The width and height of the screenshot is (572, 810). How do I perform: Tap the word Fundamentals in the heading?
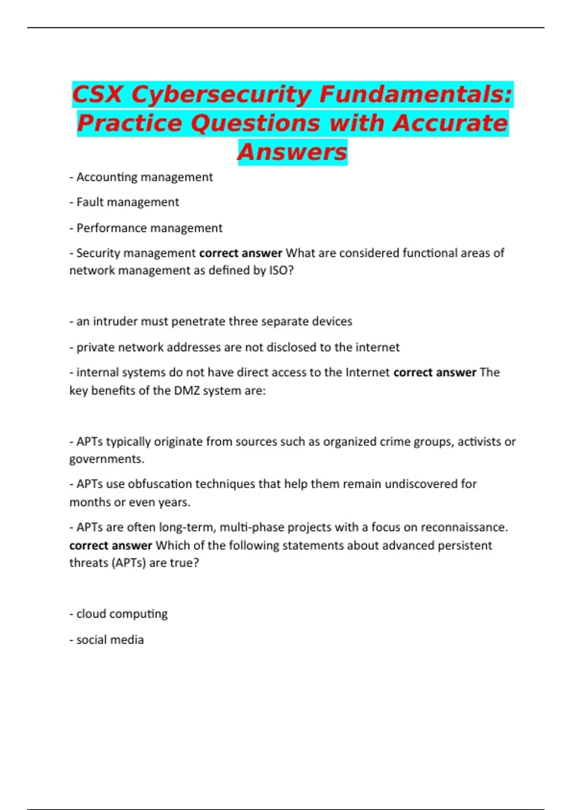tap(415, 94)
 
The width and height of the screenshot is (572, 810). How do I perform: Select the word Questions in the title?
tap(255, 123)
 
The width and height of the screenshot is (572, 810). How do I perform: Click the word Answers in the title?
tap(292, 152)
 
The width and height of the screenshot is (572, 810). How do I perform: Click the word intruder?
tap(114, 322)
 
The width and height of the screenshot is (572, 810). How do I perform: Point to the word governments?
tap(106, 459)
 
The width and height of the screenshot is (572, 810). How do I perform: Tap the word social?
tap(92, 640)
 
